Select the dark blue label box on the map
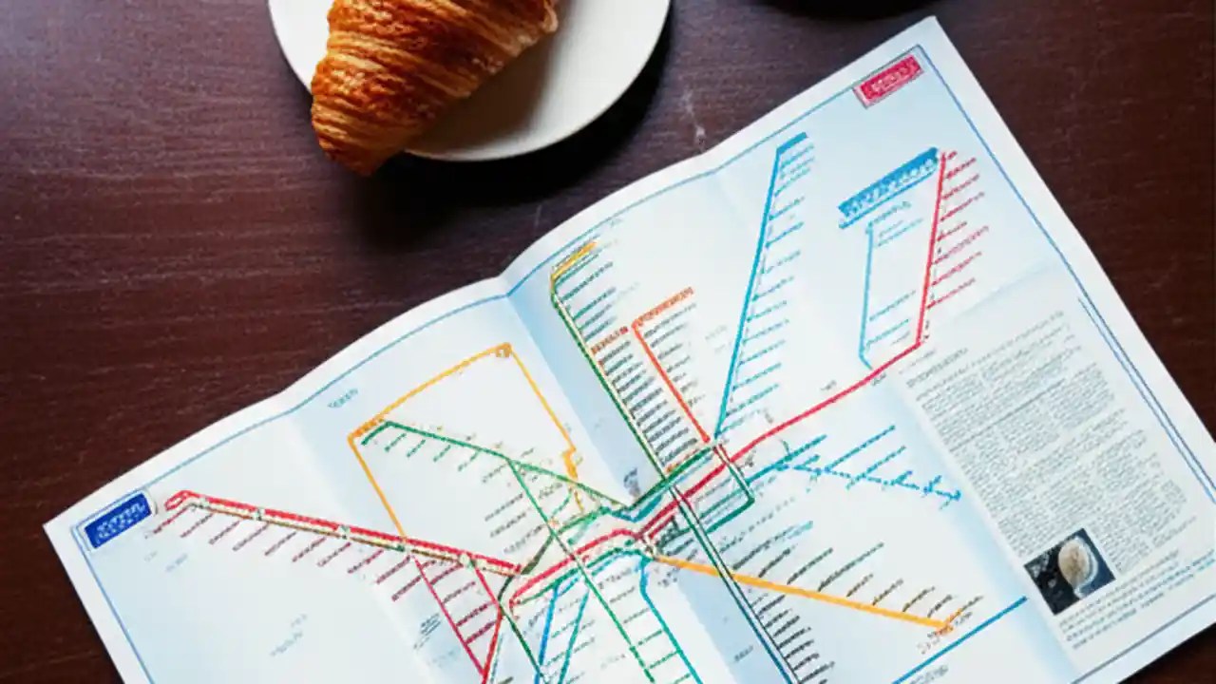pyautogui.click(x=116, y=520)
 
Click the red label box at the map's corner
pyautogui.click(x=887, y=80)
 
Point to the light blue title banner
pyautogui.click(x=887, y=186)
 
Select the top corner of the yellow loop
pyautogui.click(x=505, y=350)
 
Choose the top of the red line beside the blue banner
pyautogui.click(x=942, y=156)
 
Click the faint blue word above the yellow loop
pyautogui.click(x=342, y=404)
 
